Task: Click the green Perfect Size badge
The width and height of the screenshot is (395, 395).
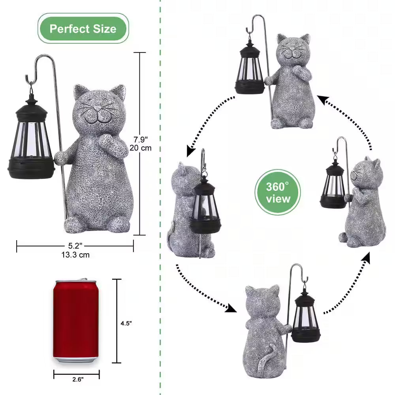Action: pos(83,28)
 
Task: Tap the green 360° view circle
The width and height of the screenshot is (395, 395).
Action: pos(277,193)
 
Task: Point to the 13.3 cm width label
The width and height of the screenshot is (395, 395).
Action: pos(75,255)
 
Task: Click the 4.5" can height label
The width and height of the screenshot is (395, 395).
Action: pos(126,323)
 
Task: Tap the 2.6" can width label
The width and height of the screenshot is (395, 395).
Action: pos(77,379)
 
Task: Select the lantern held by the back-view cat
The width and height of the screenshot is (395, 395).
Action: pos(306,318)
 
